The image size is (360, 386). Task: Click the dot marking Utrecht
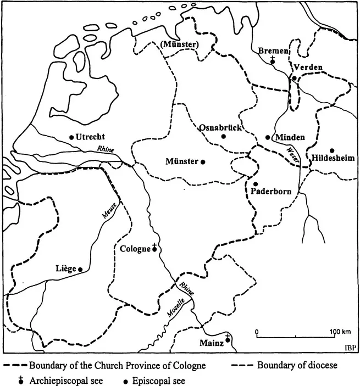pyautogui.click(x=71, y=137)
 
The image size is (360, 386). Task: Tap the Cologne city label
pyautogui.click(x=135, y=249)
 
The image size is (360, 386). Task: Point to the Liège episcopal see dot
pyautogui.click(x=80, y=269)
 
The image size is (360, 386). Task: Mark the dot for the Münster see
pyautogui.click(x=203, y=161)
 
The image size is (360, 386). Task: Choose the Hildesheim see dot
pyautogui.click(x=332, y=150)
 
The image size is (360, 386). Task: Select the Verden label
pyautogui.click(x=308, y=68)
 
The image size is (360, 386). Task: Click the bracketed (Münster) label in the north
pyautogui.click(x=180, y=44)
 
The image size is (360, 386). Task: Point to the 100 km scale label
pyautogui.click(x=340, y=332)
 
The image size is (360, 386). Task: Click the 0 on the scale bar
pyautogui.click(x=257, y=332)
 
